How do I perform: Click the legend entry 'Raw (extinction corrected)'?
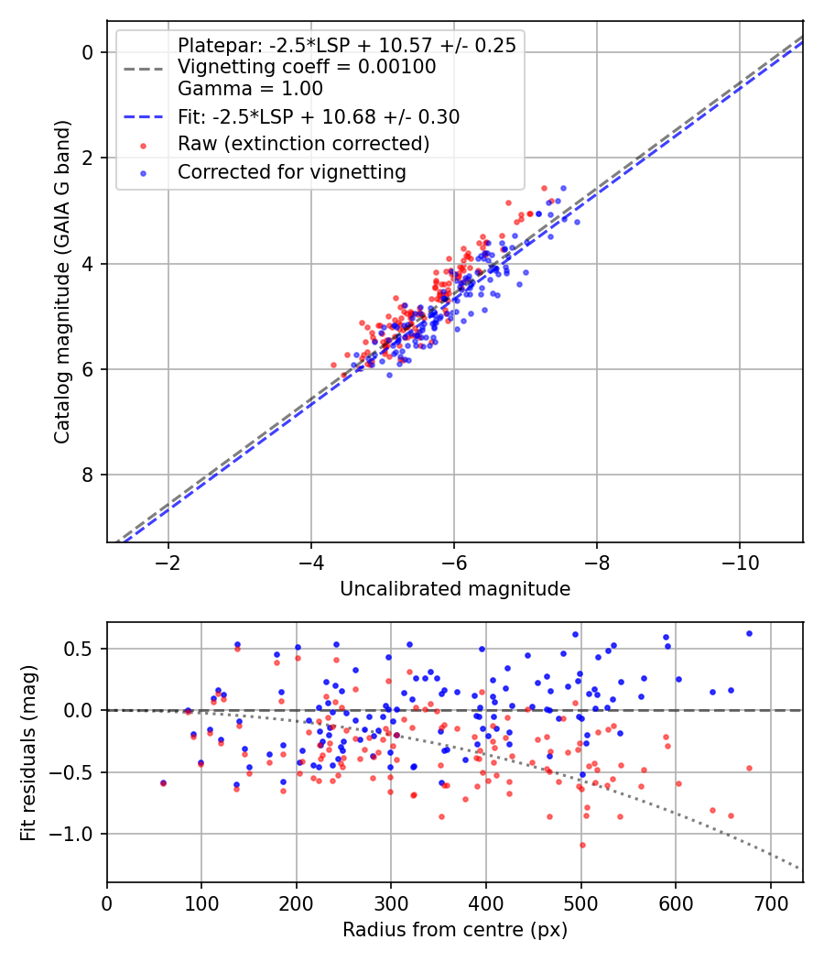point(303,144)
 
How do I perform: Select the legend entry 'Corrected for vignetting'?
point(291,171)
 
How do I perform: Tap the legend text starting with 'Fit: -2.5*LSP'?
point(319,116)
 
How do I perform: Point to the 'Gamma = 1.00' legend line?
point(250,89)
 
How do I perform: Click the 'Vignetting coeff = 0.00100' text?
point(307,67)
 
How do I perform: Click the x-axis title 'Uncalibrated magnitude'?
point(455,589)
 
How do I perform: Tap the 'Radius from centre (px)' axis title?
point(455,930)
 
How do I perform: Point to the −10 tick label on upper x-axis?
point(740,562)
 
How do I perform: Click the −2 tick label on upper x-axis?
point(168,562)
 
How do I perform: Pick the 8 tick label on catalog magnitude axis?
point(89,475)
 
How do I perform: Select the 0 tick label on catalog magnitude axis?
point(89,52)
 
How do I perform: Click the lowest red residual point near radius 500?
point(582,845)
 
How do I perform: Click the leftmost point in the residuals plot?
point(163,783)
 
